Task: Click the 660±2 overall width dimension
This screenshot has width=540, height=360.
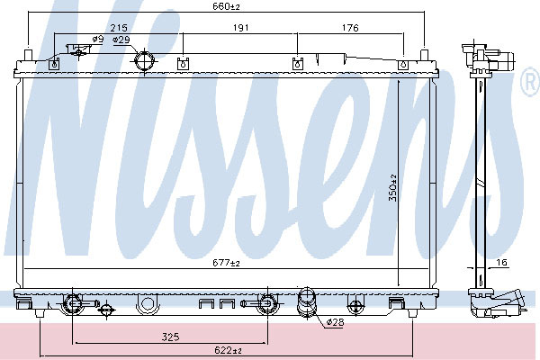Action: tap(226, 6)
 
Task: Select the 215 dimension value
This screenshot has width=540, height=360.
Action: tap(119, 28)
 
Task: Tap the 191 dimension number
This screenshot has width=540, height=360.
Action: tap(240, 28)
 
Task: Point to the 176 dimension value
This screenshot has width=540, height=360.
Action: tap(350, 28)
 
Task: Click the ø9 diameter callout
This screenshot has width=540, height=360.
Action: tap(98, 39)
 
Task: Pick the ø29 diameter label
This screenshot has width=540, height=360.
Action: tap(121, 40)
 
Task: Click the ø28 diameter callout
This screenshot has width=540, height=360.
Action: tap(335, 322)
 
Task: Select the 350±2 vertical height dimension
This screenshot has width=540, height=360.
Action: tap(393, 188)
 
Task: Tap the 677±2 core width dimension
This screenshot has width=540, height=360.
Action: tap(226, 263)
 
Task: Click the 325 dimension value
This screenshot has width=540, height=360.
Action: tap(170, 337)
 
